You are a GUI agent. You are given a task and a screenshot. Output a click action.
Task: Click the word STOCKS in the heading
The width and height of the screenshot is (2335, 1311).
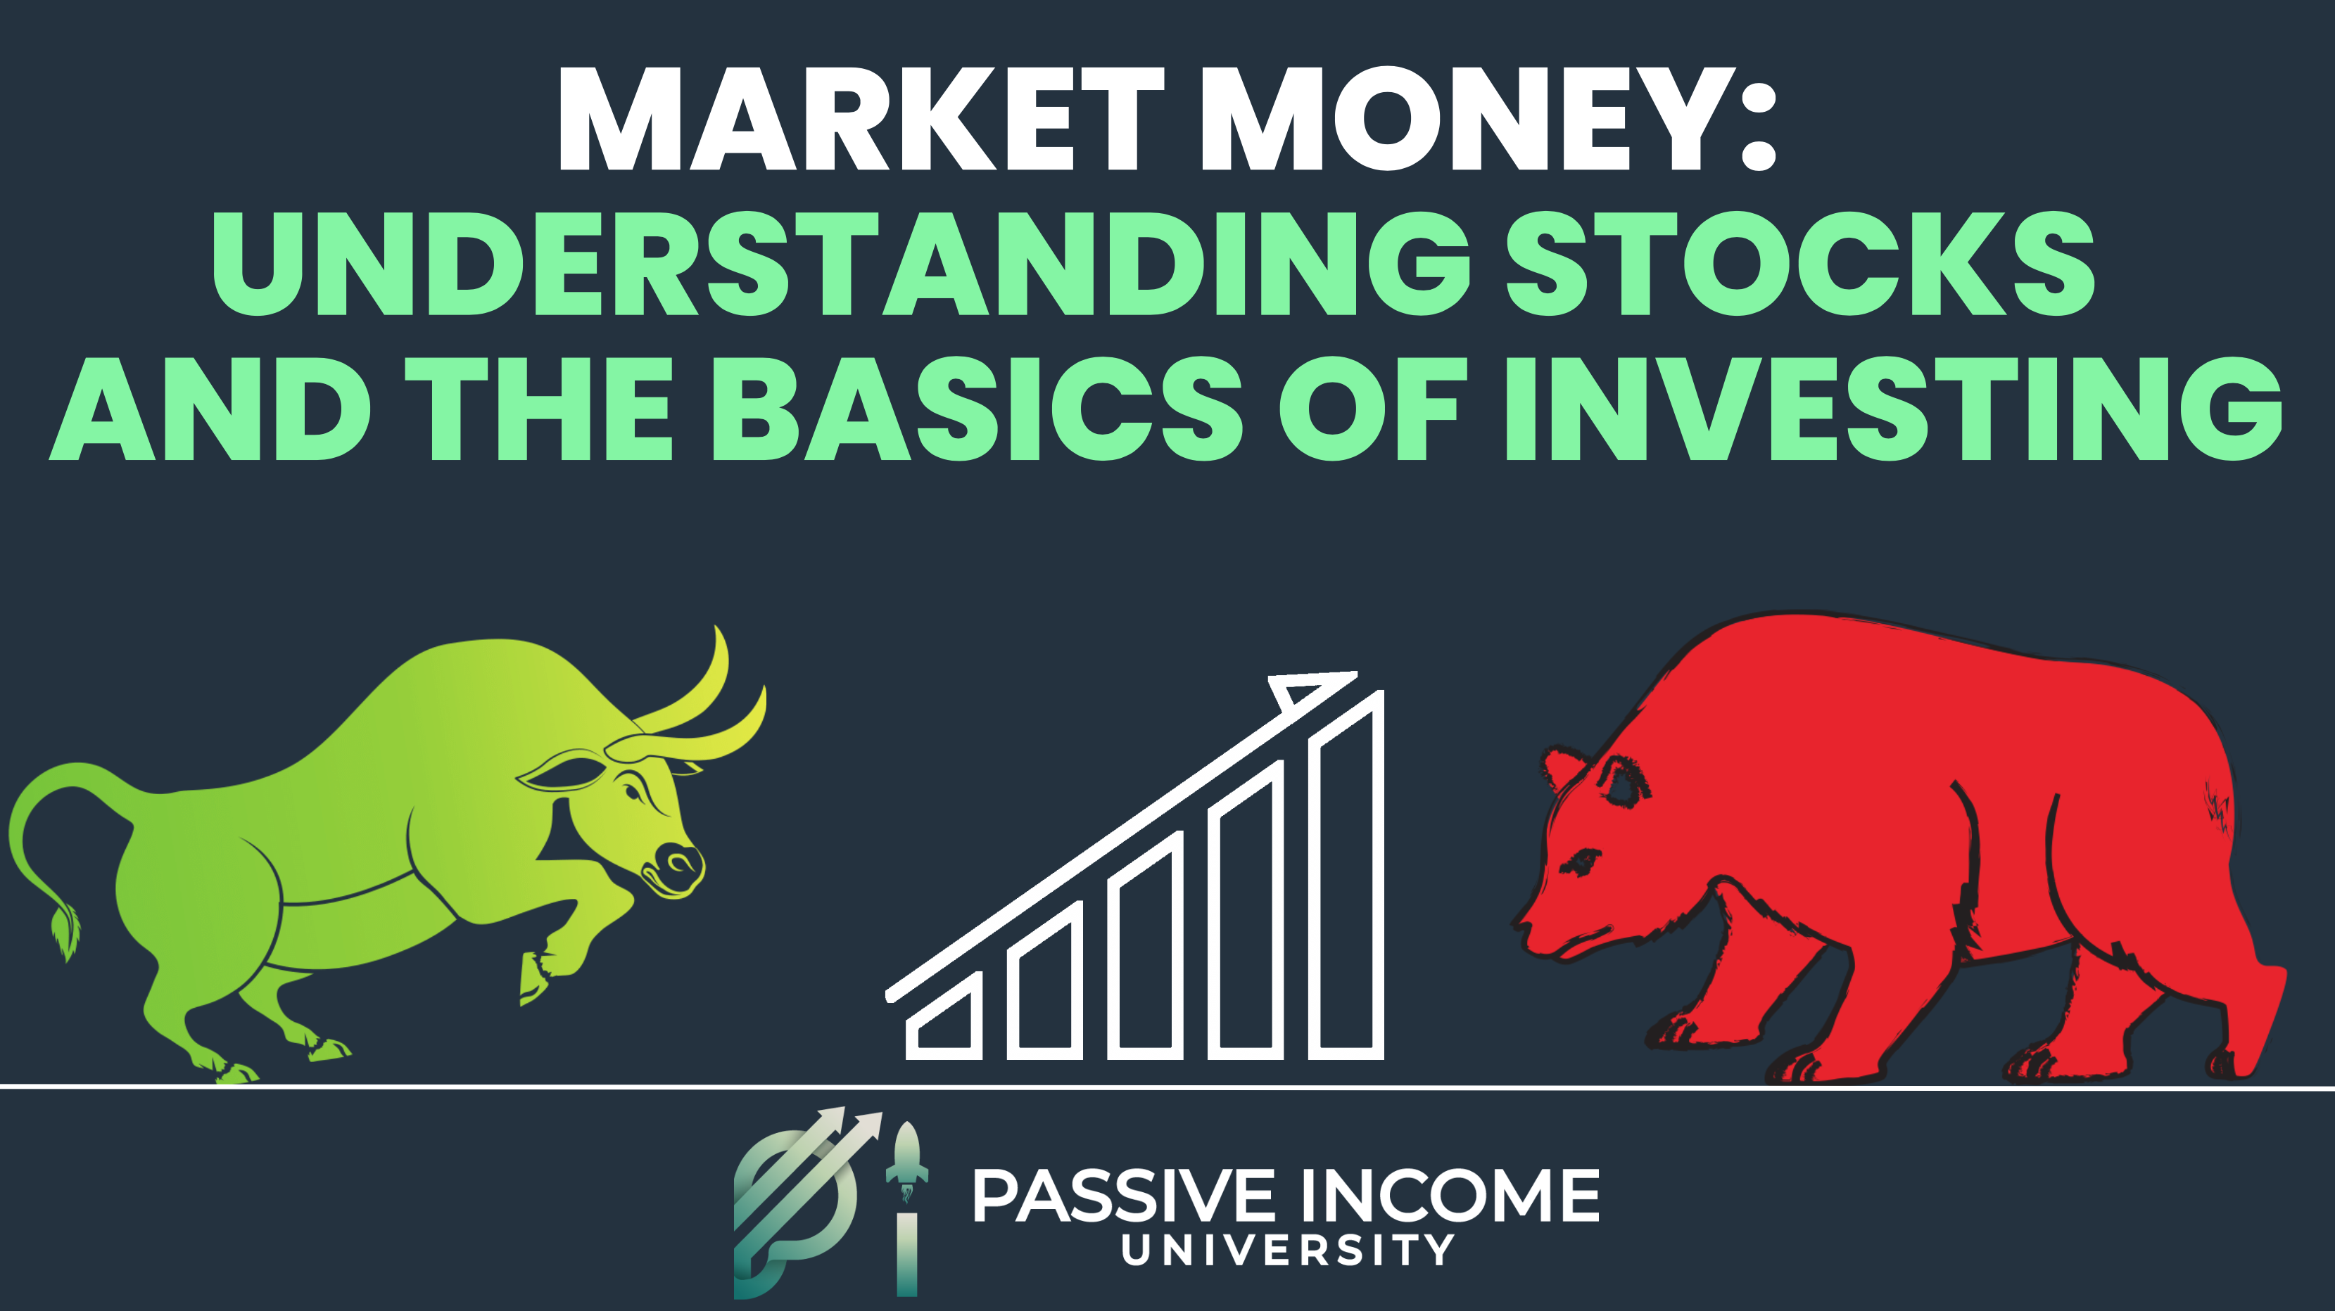click(1800, 263)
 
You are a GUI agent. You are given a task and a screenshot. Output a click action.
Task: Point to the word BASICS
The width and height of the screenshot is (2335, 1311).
click(978, 408)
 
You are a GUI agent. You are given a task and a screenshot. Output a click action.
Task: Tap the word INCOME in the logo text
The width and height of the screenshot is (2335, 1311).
click(1450, 1195)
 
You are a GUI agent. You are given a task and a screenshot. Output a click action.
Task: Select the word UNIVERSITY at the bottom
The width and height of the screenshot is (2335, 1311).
click(1288, 1251)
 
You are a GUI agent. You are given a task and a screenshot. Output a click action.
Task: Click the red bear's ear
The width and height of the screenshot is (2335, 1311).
click(1563, 770)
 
